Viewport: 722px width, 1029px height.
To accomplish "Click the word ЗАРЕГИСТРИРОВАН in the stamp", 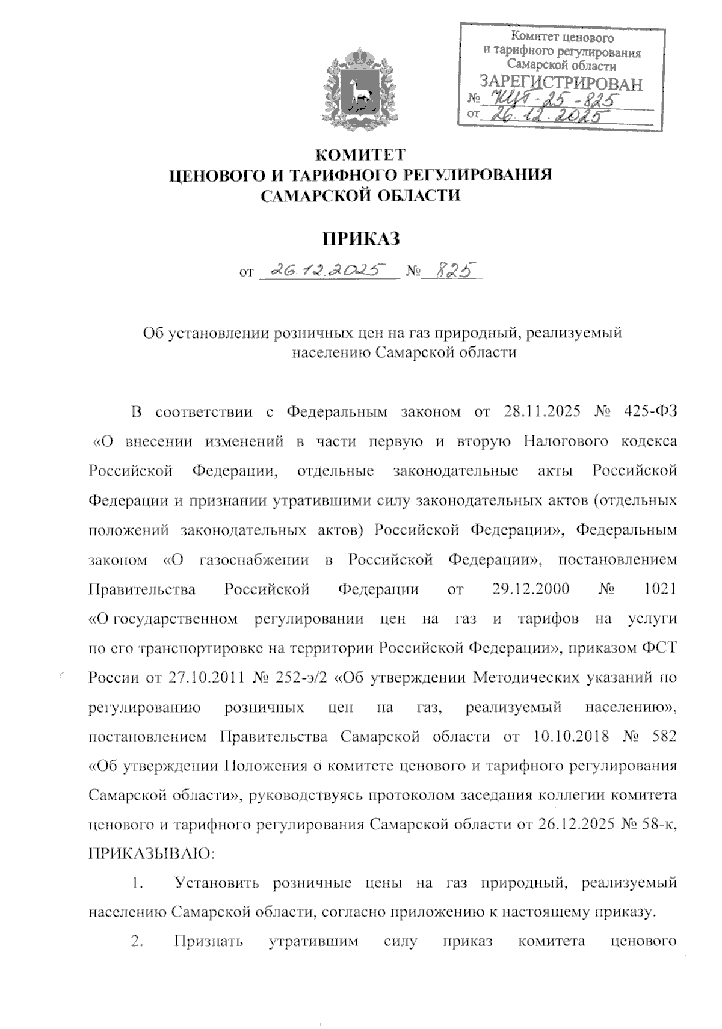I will click(x=560, y=84).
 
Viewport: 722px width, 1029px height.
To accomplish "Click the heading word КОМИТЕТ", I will click(x=361, y=155).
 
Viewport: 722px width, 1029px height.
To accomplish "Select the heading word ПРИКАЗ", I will click(x=361, y=239).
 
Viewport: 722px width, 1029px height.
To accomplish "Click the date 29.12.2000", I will click(x=531, y=589).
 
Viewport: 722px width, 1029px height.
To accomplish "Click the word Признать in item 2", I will click(x=208, y=942).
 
